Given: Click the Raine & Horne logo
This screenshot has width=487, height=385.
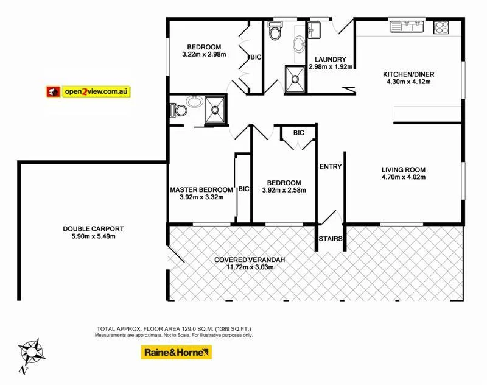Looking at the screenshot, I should (176, 352).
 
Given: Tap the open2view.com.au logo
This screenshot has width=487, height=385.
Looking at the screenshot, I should (89, 91).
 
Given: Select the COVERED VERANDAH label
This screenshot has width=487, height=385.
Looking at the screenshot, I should (250, 260).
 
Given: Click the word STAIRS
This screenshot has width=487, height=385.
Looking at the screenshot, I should (331, 239).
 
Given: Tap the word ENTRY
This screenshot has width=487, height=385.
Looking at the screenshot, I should (331, 166).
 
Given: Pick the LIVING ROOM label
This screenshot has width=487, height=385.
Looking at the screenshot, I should (403, 170).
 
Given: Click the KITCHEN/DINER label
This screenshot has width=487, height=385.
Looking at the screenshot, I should (408, 75).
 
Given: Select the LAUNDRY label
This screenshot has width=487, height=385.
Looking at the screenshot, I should (331, 59).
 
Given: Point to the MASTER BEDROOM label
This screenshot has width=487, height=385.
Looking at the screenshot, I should (201, 189).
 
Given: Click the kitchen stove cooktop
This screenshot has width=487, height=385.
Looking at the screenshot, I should (441, 27).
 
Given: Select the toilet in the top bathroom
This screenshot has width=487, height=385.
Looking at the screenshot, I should (275, 33).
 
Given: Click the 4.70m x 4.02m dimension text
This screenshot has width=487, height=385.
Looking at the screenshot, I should (403, 178).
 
